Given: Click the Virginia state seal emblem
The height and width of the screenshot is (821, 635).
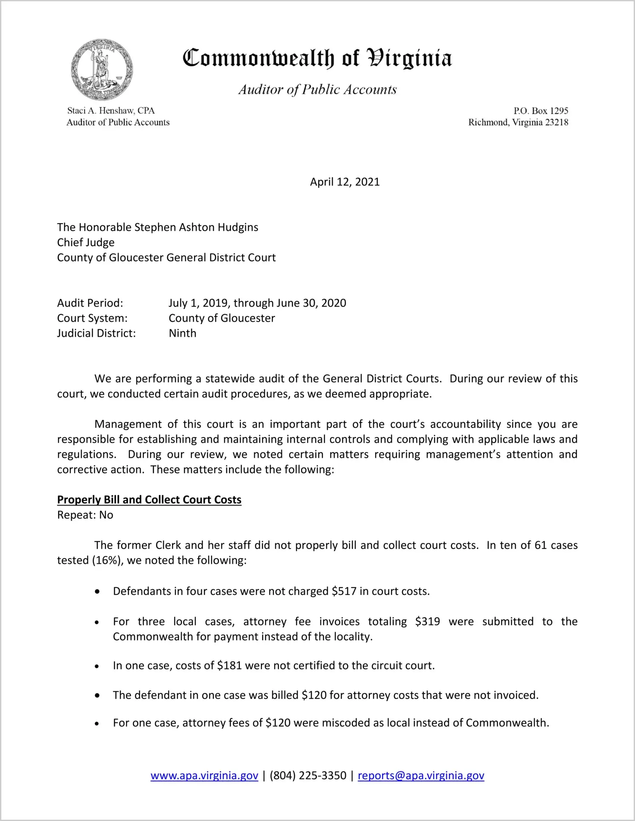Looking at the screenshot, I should click(102, 70).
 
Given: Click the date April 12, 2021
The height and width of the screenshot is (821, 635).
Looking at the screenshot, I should click(345, 182).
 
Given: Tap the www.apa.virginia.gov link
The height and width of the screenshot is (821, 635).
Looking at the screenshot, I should click(204, 776).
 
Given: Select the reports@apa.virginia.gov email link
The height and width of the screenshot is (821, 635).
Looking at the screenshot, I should click(421, 776).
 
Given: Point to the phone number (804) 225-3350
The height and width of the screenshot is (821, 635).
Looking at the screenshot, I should click(308, 776).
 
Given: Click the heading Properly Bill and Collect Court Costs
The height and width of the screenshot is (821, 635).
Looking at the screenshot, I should click(149, 500).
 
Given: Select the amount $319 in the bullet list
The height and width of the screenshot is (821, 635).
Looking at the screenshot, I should click(427, 622).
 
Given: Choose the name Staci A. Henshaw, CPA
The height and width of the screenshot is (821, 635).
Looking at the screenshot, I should click(111, 111).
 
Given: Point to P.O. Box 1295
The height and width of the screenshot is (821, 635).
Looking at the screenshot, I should click(541, 111).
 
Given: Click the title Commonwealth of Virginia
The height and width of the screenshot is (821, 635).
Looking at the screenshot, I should click(317, 58).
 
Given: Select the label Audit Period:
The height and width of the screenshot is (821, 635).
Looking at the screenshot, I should click(90, 303).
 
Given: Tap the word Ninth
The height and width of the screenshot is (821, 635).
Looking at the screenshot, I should click(182, 333).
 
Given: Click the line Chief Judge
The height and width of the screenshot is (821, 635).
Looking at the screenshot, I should click(86, 242).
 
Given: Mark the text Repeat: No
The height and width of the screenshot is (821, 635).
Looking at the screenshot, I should click(85, 515).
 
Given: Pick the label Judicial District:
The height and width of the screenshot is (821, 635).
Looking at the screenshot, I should click(96, 333).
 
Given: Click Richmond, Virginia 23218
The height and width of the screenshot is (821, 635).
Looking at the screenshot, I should click(518, 122).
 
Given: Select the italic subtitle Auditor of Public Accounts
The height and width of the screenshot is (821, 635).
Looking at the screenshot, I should click(317, 89).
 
